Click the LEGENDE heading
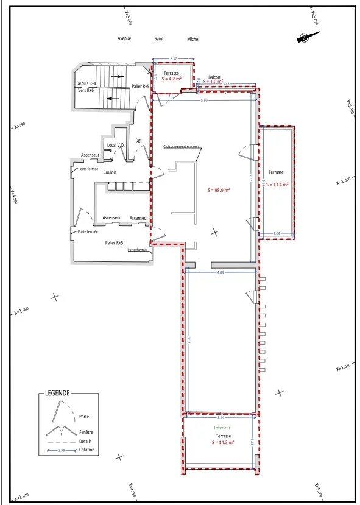[57, 394]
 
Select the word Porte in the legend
[83, 417]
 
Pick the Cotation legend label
[86, 450]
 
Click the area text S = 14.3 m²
[222, 443]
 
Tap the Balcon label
[214, 77]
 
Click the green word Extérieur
[222, 428]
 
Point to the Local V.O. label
[116, 145]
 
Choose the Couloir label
[110, 172]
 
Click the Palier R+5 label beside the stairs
[141, 87]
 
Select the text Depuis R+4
[86, 83]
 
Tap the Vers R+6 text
[86, 90]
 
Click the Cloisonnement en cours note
[182, 147]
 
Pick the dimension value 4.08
[220, 272]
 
